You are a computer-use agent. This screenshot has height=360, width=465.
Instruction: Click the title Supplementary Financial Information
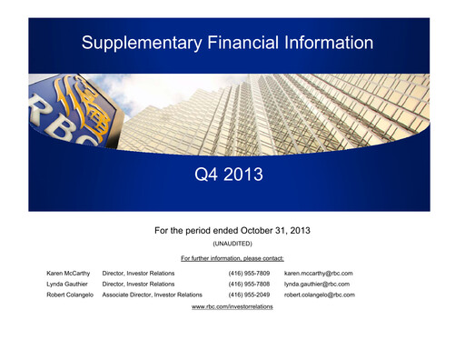point(227,43)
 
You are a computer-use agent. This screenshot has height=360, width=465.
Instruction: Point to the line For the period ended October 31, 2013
point(232,230)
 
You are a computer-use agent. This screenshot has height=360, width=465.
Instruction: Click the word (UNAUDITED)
point(232,245)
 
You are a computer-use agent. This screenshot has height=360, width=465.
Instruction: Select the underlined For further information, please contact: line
point(232,259)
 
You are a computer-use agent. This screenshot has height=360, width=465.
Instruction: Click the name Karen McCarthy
point(68,273)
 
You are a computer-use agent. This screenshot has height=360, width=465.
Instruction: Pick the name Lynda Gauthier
point(68,284)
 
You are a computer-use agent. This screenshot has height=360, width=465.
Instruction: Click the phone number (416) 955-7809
point(249,273)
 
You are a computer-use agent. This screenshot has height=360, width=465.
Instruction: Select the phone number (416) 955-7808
point(249,284)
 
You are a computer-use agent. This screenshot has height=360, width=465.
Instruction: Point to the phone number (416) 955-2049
point(249,295)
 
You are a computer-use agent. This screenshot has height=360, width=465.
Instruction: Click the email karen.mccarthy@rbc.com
point(318,273)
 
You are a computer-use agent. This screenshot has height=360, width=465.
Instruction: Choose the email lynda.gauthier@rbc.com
point(317,284)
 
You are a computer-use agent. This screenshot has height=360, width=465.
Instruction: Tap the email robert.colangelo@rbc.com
point(320,295)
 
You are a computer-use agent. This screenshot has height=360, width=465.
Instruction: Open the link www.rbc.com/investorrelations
point(232,307)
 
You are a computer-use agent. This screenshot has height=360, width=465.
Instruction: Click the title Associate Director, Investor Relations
point(153,295)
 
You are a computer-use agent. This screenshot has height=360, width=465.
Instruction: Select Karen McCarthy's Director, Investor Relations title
point(138,273)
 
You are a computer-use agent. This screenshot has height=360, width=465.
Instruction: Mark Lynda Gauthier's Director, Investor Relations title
point(138,284)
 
